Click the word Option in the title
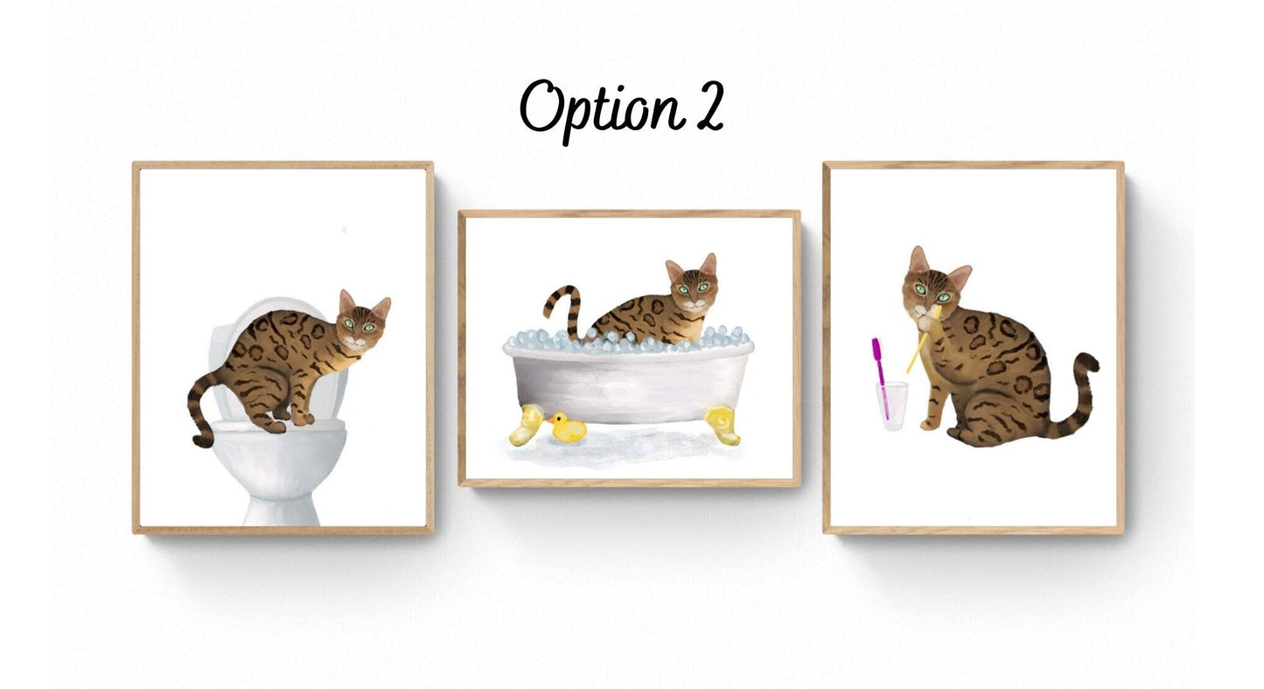tap(598, 110)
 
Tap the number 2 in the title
tap(707, 108)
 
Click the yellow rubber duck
tap(567, 427)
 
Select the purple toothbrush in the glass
tap(880, 376)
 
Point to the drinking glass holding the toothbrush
tap(892, 405)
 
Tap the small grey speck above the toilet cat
tap(345, 230)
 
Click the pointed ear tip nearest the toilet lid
tap(343, 292)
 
